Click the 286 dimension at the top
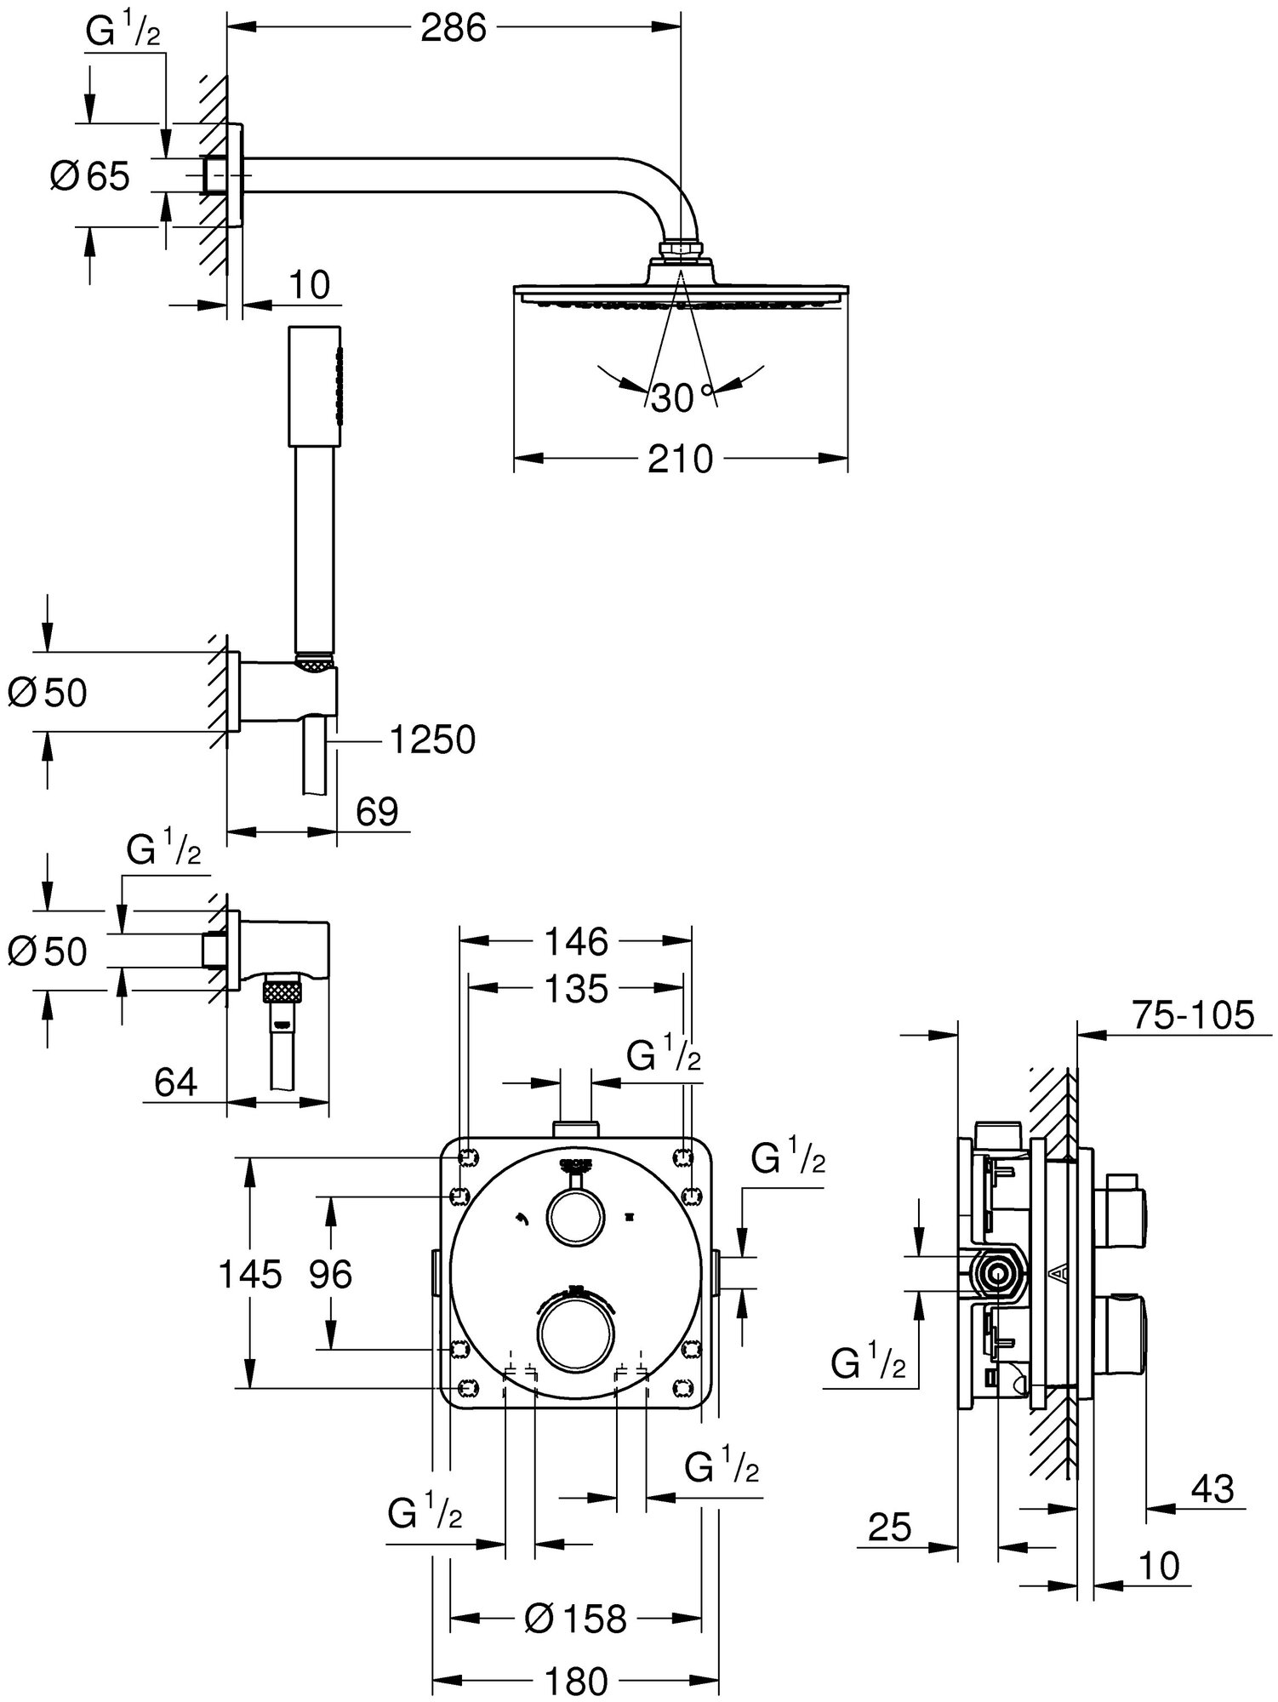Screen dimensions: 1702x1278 [453, 29]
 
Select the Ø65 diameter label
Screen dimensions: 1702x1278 [90, 176]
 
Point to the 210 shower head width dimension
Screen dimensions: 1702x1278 [679, 460]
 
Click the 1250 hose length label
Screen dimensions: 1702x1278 [432, 741]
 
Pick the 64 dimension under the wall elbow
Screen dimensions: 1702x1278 [177, 1083]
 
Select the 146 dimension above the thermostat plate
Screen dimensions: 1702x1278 [576, 942]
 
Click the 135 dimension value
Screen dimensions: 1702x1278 [576, 989]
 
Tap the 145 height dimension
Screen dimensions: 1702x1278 [249, 1275]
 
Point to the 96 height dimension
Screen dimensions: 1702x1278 [330, 1275]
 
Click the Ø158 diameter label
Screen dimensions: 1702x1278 [576, 1619]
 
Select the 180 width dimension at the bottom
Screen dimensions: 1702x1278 [576, 1682]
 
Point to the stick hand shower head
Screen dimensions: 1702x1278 [317, 386]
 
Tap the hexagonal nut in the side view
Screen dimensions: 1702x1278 [996, 1274]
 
